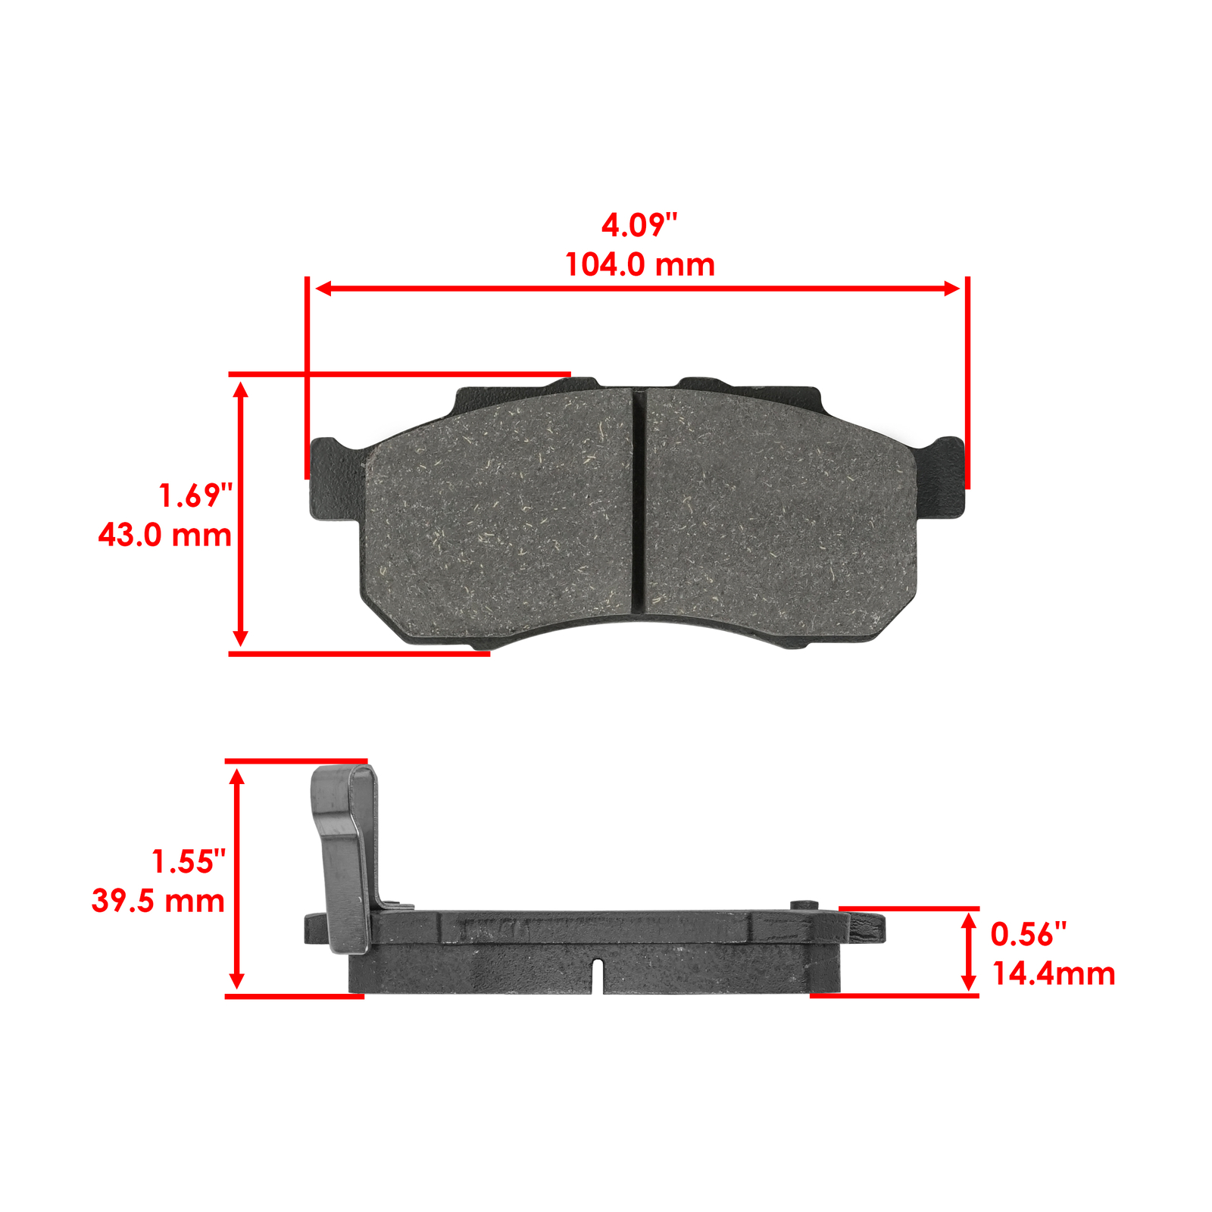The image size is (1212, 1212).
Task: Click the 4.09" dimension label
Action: pos(639,225)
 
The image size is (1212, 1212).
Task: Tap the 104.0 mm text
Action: pos(640,265)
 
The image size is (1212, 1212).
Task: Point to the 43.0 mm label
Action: pos(164,536)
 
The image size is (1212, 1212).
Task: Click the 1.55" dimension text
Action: pos(189,862)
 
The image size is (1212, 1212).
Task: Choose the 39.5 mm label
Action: pos(158,901)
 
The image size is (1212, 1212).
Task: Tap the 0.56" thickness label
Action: pos(1029,935)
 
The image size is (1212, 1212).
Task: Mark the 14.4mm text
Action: pos(1054,974)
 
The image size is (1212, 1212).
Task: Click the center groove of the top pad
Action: pos(639,500)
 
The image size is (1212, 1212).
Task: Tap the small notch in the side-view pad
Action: pos(597,973)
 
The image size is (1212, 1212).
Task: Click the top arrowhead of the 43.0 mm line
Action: pos(241,390)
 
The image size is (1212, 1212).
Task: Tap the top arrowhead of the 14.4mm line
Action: pos(968,921)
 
